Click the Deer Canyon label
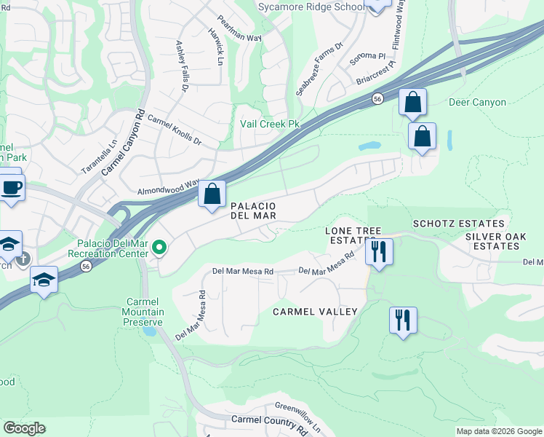tap(477, 102)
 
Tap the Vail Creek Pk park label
tap(270, 124)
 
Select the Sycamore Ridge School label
tap(311, 7)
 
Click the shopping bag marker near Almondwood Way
tap(212, 194)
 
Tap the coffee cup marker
tap(11, 187)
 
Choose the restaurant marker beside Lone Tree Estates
tap(378, 251)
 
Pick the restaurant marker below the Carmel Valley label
tap(402, 320)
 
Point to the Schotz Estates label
tap(458, 224)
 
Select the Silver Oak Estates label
tap(502, 241)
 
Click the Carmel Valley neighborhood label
tap(315, 312)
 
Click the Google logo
tap(24, 428)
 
